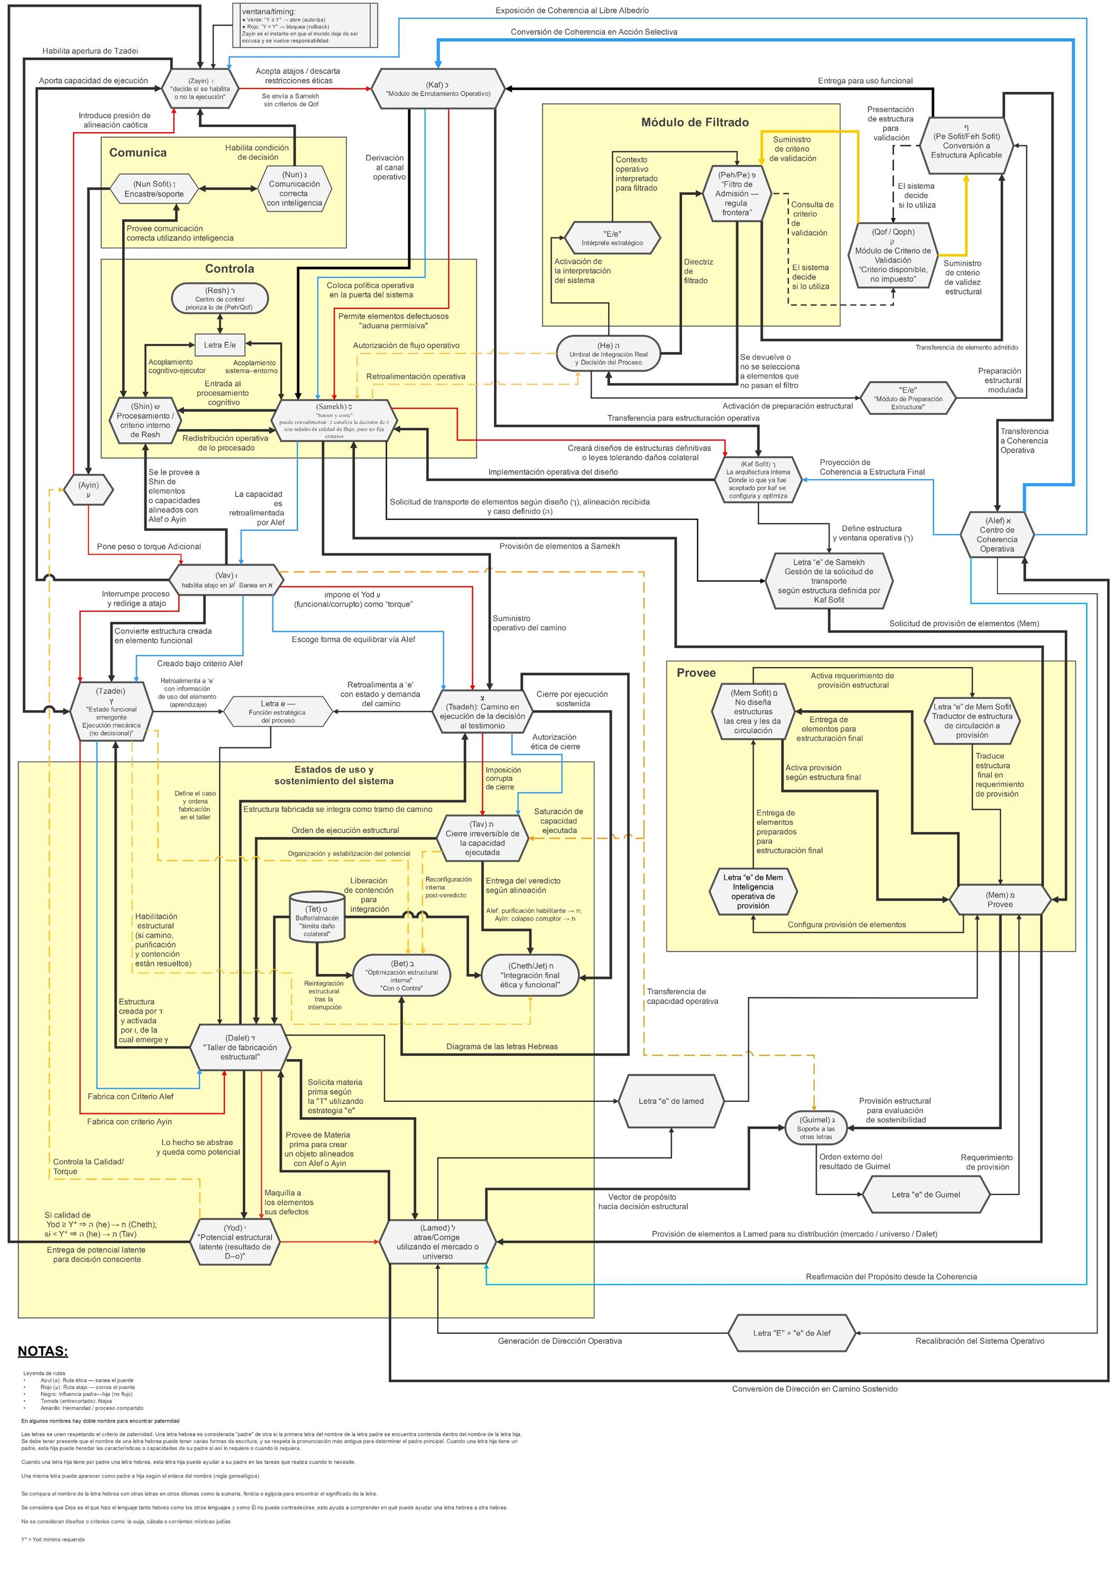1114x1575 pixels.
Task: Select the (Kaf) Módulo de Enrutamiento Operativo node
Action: [x=438, y=88]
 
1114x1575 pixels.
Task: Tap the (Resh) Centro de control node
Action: [x=219, y=298]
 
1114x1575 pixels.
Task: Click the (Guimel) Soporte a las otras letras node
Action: [x=816, y=1128]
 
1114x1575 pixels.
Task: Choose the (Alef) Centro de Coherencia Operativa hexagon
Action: [x=997, y=535]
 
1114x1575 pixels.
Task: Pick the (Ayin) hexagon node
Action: [x=88, y=490]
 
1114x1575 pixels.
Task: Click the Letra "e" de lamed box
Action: [x=671, y=1101]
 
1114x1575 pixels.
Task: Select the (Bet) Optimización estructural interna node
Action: [x=402, y=975]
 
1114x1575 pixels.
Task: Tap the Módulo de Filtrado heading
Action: [x=694, y=122]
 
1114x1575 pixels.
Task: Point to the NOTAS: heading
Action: [x=42, y=1351]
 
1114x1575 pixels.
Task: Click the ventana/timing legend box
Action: [x=305, y=25]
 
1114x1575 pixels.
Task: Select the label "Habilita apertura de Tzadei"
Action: [x=90, y=51]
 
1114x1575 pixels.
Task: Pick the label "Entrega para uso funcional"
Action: [x=864, y=81]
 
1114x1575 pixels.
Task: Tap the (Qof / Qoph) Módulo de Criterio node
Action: [x=893, y=256]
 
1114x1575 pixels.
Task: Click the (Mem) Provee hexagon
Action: [x=999, y=899]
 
